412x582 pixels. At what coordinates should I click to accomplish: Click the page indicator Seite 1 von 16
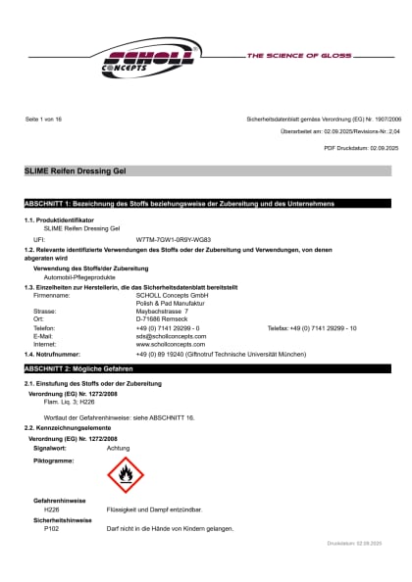pyautogui.click(x=43, y=119)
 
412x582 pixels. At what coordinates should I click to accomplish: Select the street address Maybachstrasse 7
pyautogui.click(x=162, y=311)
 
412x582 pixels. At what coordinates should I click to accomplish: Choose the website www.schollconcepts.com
pyautogui.click(x=168, y=344)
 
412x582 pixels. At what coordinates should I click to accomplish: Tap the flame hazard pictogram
pyautogui.click(x=125, y=476)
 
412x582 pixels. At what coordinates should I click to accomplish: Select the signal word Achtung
pyautogui.click(x=118, y=447)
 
